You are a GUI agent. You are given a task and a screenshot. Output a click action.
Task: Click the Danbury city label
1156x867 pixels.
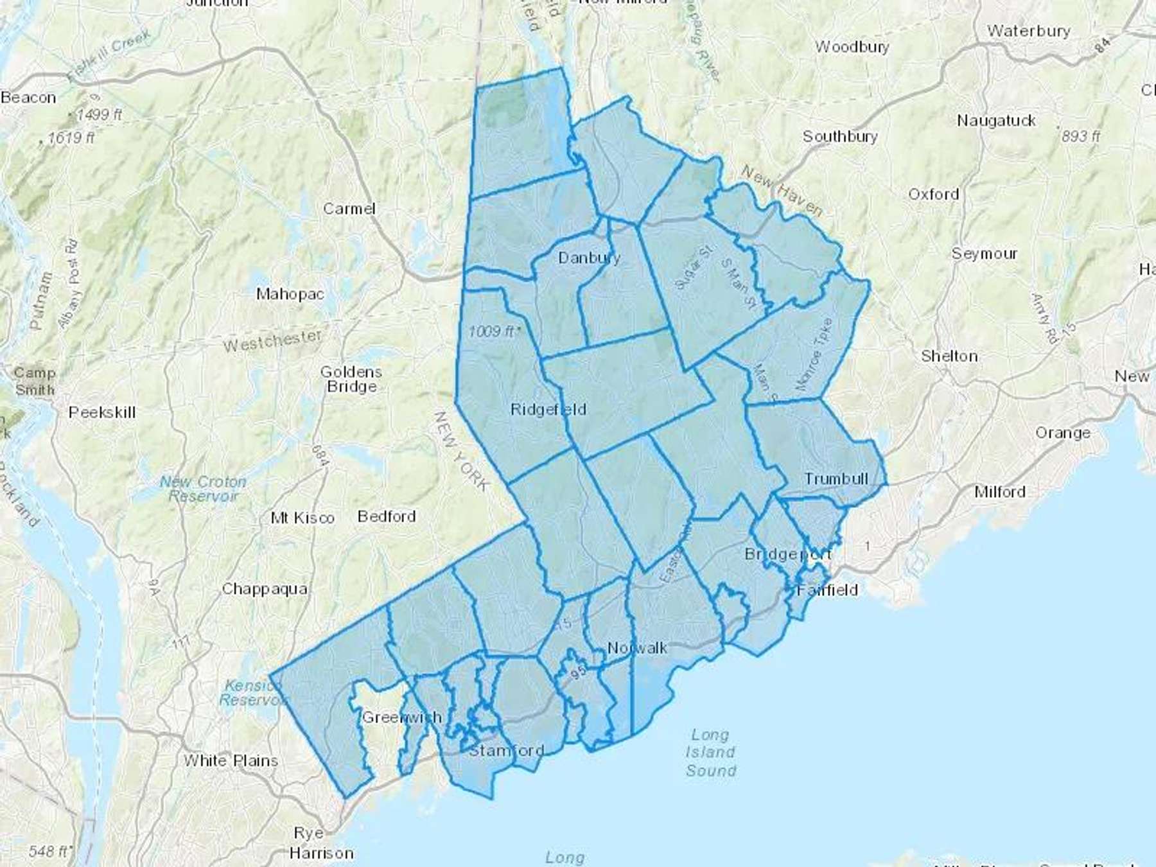[589, 258]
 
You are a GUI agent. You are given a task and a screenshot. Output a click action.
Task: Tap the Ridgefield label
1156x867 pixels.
[548, 410]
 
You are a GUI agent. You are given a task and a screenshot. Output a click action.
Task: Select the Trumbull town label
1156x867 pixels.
[836, 479]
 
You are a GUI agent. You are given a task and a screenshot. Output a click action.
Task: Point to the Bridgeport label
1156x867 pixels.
[787, 554]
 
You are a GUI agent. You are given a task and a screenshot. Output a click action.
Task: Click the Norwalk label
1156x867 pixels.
[637, 648]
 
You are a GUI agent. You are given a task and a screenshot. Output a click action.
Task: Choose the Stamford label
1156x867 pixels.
[507, 751]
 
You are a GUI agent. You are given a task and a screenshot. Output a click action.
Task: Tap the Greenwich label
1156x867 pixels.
[402, 717]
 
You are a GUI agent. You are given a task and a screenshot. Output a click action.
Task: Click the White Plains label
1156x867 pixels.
[231, 761]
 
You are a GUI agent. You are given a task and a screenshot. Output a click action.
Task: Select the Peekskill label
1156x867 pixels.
[102, 412]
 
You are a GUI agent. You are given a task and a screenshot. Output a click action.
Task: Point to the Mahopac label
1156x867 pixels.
[290, 294]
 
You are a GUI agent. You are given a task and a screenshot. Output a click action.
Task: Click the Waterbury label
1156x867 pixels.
[1029, 31]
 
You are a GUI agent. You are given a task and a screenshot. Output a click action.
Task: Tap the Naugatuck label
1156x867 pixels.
[996, 121]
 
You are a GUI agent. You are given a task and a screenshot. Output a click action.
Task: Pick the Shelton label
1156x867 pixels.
[949, 356]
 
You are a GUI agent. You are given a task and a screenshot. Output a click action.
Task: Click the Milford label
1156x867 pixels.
[999, 492]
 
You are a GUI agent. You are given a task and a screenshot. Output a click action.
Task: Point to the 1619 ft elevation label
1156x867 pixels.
[71, 137]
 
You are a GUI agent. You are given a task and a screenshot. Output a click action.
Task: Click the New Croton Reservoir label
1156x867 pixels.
[204, 489]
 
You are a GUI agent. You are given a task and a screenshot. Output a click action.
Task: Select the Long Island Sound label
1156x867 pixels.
[710, 753]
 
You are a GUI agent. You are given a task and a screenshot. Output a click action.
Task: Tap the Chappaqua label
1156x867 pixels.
[265, 589]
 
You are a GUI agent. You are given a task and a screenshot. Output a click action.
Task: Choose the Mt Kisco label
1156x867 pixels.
[302, 518]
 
